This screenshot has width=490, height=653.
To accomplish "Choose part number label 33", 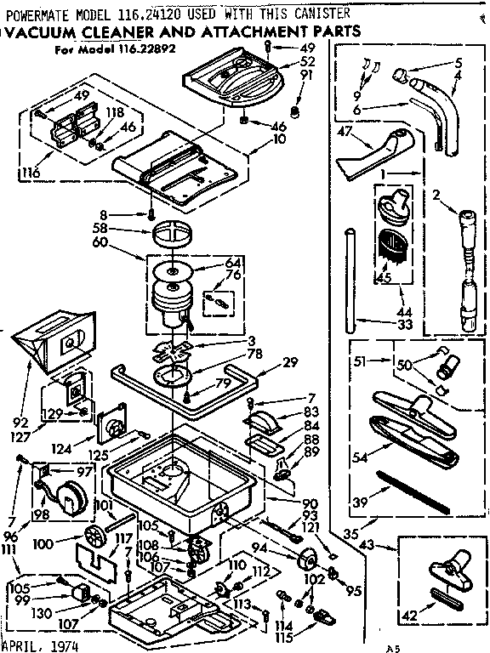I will click(382, 323).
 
